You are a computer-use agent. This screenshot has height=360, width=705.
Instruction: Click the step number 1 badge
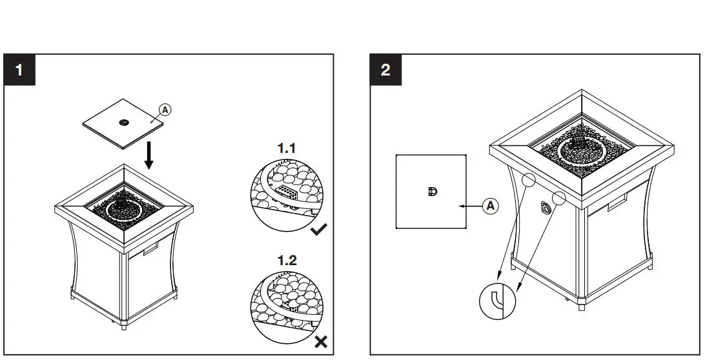coord(20,70)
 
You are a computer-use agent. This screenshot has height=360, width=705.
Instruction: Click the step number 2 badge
coord(385,70)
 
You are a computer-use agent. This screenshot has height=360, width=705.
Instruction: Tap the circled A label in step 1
coord(165,110)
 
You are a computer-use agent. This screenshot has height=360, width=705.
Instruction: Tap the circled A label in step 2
coord(491,206)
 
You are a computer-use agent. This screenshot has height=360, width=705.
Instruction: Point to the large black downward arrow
coord(149,155)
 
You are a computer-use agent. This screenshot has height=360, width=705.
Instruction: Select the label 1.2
coord(287,261)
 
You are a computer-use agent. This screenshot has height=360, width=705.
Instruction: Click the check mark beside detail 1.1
coord(319,229)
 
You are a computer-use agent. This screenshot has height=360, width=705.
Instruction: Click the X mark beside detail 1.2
coord(319,342)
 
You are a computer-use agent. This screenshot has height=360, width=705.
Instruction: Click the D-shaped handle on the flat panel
coord(432,191)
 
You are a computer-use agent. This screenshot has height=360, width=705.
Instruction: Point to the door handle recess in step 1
coord(151,249)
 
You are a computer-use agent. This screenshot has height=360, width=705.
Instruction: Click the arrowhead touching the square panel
coord(460,206)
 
